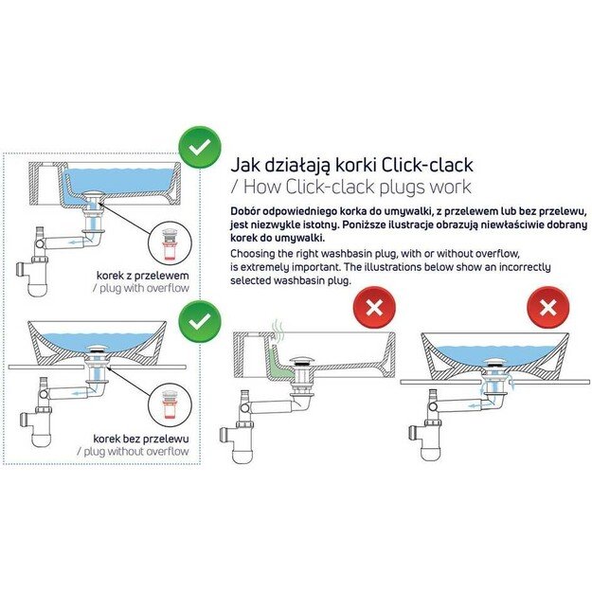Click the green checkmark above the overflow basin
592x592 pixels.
(x=200, y=147)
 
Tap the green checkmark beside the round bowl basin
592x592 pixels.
(x=200, y=321)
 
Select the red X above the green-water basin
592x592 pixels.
(x=374, y=308)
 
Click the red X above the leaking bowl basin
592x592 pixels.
(x=547, y=308)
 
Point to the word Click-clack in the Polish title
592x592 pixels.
(x=427, y=165)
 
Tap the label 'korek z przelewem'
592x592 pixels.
(x=143, y=276)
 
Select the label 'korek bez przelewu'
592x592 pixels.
(x=141, y=440)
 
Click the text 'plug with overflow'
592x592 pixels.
(x=141, y=289)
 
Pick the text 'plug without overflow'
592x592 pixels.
(x=133, y=452)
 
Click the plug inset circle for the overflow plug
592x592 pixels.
(x=170, y=242)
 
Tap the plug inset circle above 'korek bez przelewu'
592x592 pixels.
(x=170, y=405)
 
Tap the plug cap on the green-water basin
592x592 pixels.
(x=303, y=361)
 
